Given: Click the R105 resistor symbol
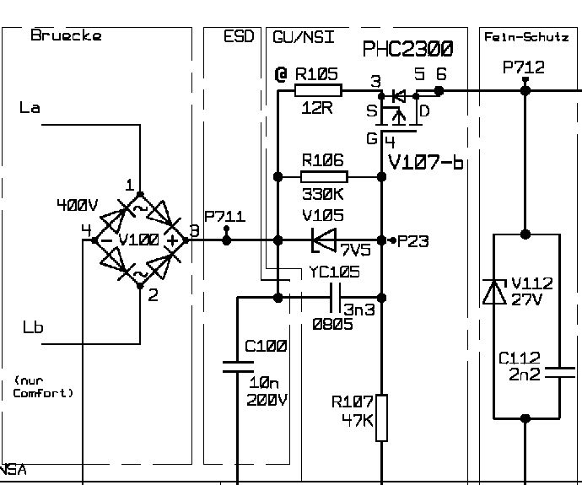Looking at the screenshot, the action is point(318,90).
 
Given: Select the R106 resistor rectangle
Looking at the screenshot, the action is point(324,177).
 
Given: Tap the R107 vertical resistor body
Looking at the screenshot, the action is point(381,418).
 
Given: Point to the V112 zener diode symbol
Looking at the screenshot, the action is point(494,292).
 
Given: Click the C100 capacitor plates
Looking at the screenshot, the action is point(238,366).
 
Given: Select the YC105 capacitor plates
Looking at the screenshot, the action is point(335,298).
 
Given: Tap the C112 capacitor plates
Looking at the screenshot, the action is point(560,373).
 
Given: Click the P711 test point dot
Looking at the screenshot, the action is point(226,240).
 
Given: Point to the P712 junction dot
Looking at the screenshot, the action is point(525,90).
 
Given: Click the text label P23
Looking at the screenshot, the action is point(412,241).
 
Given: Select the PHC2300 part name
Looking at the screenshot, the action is point(407,49).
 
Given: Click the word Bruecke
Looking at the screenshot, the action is point(66,35).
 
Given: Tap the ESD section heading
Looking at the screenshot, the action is point(239,36).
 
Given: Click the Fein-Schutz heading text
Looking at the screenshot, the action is point(526,37).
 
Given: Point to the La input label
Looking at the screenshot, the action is point(30,108).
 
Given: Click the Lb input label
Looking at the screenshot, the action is point(33,327).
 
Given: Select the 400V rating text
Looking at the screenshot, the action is point(78,204).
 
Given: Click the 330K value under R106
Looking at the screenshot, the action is point(322,194).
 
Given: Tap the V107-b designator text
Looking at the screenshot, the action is point(426,162).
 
